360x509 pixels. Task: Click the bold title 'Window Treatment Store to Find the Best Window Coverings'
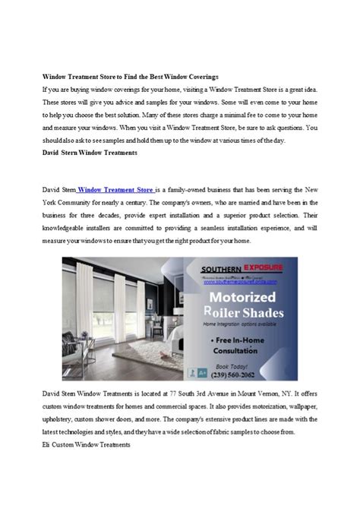coord(130,77)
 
